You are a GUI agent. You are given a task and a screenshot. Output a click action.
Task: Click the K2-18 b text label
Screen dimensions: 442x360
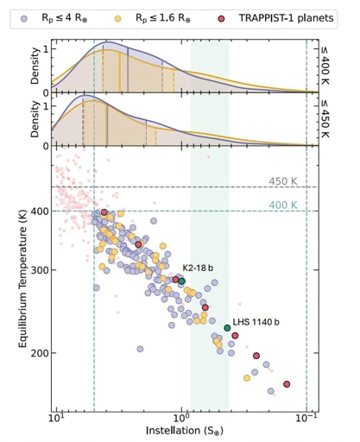point(198,268)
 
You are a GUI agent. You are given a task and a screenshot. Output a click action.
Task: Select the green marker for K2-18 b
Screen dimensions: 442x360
point(181,281)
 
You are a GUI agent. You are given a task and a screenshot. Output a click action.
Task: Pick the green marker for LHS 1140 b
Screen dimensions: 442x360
point(227,328)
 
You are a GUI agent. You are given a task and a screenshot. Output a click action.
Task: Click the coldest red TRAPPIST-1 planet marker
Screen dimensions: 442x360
point(287,384)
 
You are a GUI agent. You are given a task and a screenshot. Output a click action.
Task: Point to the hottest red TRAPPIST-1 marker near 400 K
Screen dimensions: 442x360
point(104,212)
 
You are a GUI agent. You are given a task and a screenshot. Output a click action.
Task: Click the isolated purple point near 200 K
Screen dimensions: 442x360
point(140,350)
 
